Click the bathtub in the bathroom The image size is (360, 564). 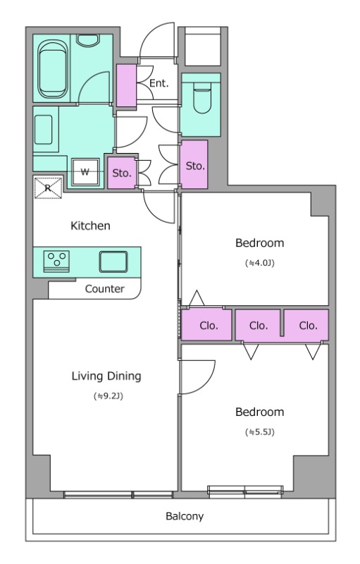[52, 68]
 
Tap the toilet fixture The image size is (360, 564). [201, 97]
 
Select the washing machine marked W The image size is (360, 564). [85, 172]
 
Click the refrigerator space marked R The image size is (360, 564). [48, 187]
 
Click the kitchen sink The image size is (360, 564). [113, 262]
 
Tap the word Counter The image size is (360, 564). [104, 289]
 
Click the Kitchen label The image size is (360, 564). [90, 226]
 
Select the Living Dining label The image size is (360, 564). [106, 376]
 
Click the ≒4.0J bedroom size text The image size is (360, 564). [259, 263]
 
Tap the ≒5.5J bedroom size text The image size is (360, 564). [259, 431]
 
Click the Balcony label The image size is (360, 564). [185, 517]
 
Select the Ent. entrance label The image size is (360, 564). [159, 83]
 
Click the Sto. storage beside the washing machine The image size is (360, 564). [122, 173]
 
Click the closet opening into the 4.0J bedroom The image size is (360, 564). [206, 325]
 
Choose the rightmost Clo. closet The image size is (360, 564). [307, 325]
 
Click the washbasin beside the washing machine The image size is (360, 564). [44, 130]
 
